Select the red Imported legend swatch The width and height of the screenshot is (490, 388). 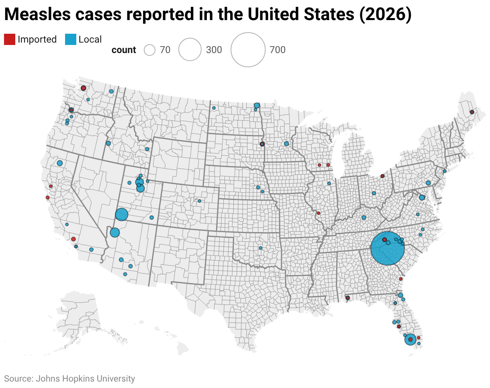pos(9,39)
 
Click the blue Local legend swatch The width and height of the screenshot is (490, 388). pos(70,39)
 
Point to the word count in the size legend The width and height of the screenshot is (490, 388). pos(124,50)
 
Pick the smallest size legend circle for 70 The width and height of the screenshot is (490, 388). pos(149,50)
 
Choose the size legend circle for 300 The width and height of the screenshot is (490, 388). pos(190,50)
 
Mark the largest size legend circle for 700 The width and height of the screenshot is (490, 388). pos(248,49)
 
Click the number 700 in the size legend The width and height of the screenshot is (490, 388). pos(278,50)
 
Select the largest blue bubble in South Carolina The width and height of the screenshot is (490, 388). pos(387,248)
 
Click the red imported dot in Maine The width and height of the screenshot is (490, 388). pos(472,112)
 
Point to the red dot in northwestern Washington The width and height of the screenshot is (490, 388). pos(83,88)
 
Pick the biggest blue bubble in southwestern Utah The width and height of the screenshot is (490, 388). pos(121,214)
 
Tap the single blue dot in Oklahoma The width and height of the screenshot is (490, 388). pos(260,248)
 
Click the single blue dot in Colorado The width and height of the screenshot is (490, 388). pos(199,201)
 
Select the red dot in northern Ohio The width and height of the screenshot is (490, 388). pos(382,176)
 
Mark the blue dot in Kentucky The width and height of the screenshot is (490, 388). pos(363,217)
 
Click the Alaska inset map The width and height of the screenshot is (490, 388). pos(80,317)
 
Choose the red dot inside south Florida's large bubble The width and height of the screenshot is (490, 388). pos(410,340)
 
